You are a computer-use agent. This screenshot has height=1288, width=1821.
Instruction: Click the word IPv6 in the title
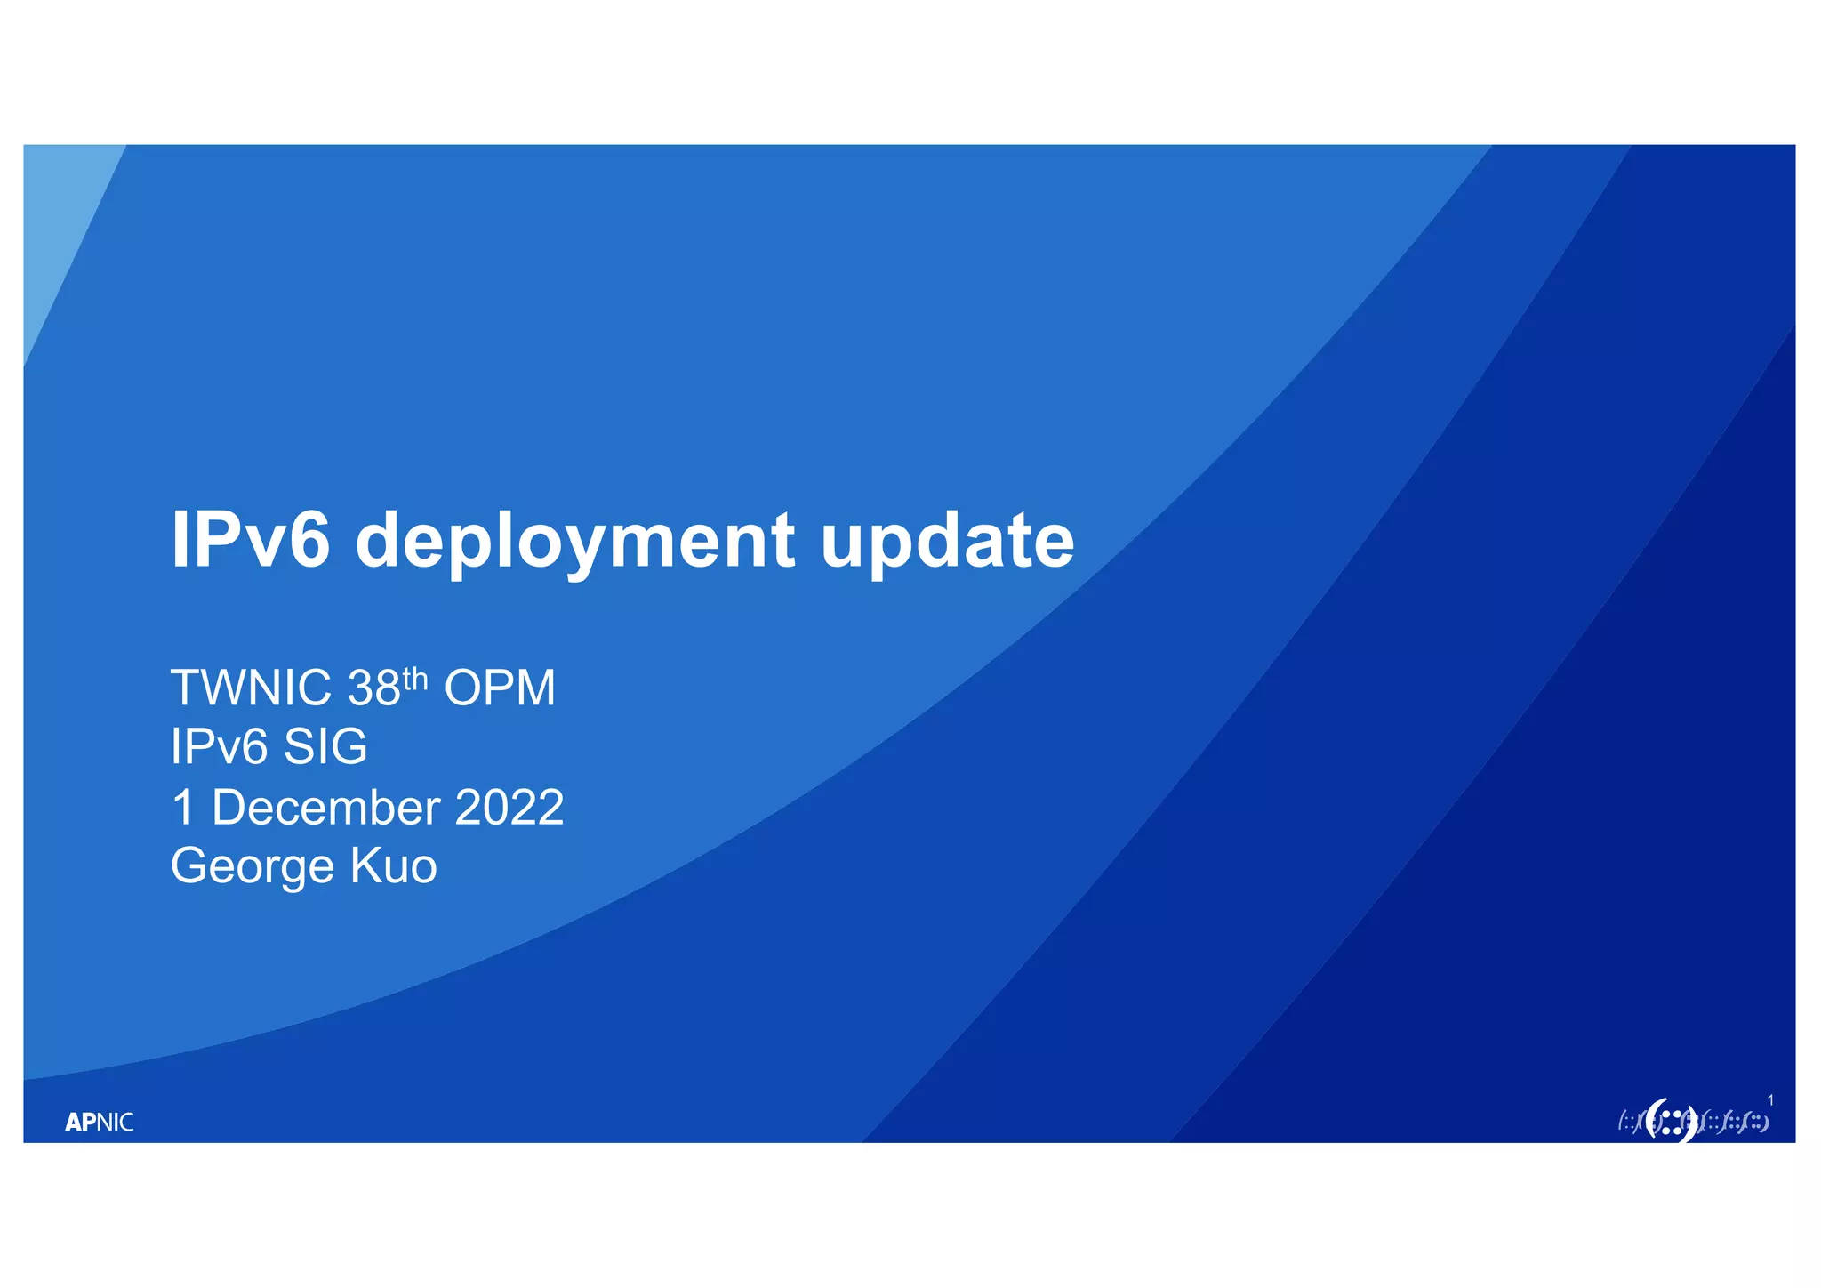(x=251, y=540)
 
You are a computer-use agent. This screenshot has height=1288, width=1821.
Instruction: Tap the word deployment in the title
(x=575, y=543)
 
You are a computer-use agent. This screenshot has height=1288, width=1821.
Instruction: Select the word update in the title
(x=947, y=541)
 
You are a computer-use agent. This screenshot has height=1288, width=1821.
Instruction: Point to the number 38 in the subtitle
(x=374, y=688)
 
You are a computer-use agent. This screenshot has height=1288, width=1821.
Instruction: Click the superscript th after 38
(x=416, y=679)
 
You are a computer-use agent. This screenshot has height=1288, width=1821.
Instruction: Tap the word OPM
(x=500, y=688)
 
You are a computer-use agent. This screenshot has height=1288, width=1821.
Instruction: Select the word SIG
(x=325, y=746)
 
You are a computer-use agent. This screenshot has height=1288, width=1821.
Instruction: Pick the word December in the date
(x=325, y=808)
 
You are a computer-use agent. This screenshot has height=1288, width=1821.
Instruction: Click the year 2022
(x=509, y=808)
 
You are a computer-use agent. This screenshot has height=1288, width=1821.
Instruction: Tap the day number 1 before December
(x=182, y=808)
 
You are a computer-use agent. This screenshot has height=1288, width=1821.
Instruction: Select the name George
(x=252, y=866)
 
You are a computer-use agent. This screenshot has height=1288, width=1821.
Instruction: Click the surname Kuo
(x=394, y=866)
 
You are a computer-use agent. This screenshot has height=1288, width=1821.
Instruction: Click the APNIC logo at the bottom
(x=100, y=1123)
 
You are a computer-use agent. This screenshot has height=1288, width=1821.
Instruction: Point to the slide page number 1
(x=1770, y=1101)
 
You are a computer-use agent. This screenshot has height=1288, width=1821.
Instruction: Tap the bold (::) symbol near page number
(x=1671, y=1121)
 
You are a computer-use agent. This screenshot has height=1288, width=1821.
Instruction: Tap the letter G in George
(x=189, y=865)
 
